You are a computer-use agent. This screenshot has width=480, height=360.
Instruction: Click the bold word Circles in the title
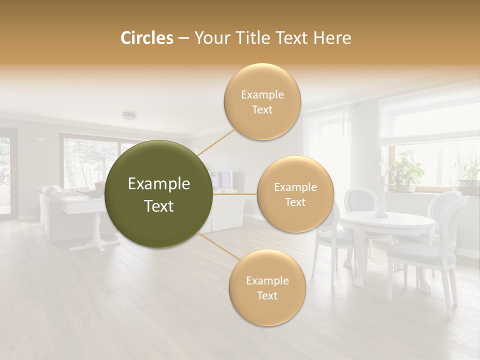pyautogui.click(x=146, y=38)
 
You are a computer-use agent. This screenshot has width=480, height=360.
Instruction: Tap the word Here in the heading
pyautogui.click(x=333, y=38)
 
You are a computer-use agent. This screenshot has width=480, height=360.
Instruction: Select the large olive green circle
pyautogui.click(x=158, y=194)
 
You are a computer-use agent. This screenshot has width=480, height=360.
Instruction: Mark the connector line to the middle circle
pyautogui.click(x=234, y=194)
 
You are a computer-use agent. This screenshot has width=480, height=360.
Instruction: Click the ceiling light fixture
pyautogui.click(x=129, y=116)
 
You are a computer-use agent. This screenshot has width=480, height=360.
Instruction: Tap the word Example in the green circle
pyautogui.click(x=158, y=184)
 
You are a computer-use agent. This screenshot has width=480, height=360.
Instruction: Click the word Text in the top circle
pyautogui.click(x=262, y=110)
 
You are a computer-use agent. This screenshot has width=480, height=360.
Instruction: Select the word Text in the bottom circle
pyautogui.click(x=267, y=295)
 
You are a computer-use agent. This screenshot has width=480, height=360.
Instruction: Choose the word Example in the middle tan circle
pyautogui.click(x=295, y=187)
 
